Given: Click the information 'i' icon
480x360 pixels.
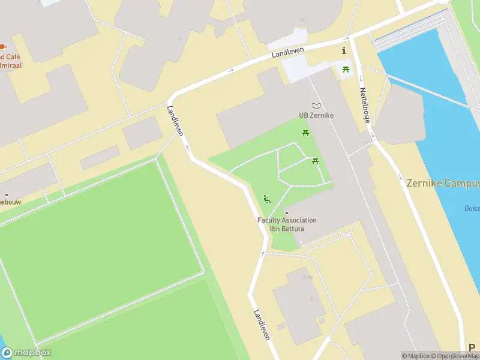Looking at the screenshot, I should point(344,50).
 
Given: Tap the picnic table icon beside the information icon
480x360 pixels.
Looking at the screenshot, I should point(346,70).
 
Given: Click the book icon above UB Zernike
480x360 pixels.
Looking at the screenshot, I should point(316,106).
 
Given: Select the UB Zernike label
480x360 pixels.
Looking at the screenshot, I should point(316,115).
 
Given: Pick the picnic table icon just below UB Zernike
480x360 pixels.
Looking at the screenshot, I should point(306,133).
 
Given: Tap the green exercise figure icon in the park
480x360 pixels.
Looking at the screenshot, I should point(267,199).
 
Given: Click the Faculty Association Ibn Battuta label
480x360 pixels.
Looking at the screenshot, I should point(287,224).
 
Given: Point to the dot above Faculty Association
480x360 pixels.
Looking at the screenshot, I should point(287,212).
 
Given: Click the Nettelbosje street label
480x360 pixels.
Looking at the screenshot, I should point(364,106).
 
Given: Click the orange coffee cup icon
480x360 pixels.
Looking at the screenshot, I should point(3,47).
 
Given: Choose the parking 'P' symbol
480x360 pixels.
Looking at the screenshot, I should point(472,347).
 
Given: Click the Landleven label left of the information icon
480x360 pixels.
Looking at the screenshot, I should point(288,53).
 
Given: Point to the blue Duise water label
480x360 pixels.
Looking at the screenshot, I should point(472,209).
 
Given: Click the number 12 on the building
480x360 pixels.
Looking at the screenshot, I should point(302,20).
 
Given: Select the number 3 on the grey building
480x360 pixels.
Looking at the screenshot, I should point(311,298).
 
